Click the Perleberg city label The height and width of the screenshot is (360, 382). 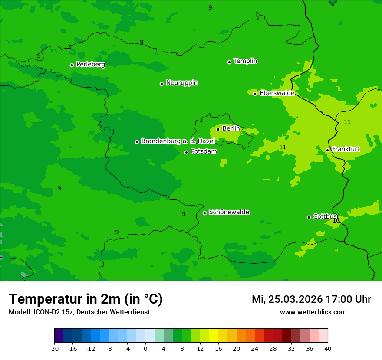click(90, 65)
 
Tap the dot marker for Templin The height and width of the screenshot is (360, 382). click(229, 62)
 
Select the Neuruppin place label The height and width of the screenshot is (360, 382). click(181, 83)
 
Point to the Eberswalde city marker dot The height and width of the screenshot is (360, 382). click(255, 94)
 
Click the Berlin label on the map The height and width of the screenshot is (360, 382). click(231, 129)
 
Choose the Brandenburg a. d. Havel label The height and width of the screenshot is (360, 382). click(178, 141)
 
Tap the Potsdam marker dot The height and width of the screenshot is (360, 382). click(186, 152)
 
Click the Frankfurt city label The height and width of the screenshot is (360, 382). click(346, 149)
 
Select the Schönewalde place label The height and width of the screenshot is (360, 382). click(229, 212)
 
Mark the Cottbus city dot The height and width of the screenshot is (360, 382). click(309, 217)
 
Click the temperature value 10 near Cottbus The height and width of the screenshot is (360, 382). click(336, 221)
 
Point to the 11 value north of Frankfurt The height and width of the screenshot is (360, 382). click(347, 122)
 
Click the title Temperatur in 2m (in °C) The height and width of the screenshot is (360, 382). click(86, 299)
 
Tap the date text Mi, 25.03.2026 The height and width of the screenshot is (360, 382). click(286, 300)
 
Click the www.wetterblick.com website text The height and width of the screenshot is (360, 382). click(313, 312)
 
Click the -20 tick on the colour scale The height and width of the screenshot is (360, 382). click(54, 349)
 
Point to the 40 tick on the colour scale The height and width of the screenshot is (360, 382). click(328, 349)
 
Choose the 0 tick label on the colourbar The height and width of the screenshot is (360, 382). click(145, 349)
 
